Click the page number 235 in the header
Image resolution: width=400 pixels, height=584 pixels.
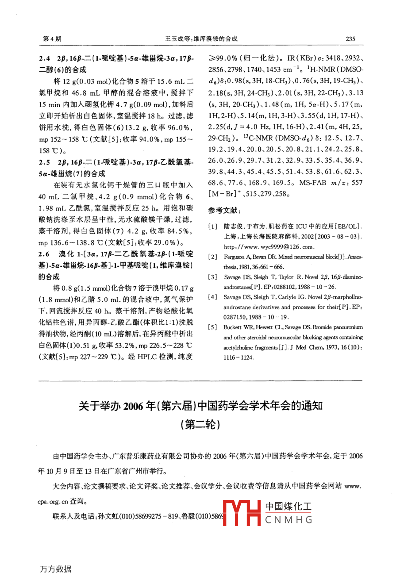(x=350, y=39)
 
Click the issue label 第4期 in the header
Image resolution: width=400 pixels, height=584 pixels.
(x=52, y=39)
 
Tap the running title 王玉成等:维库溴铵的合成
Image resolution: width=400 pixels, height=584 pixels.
(x=201, y=39)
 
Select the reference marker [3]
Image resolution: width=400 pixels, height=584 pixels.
(x=213, y=277)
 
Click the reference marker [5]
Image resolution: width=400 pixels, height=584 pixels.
(x=213, y=327)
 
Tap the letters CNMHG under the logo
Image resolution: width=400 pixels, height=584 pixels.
(x=289, y=520)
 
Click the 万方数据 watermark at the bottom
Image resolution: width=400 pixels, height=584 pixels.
(x=55, y=569)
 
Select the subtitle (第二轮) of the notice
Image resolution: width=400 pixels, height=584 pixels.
(x=200, y=425)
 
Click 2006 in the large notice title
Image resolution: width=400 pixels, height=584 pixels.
(x=135, y=406)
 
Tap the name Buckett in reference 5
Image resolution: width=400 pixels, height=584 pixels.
(x=233, y=327)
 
